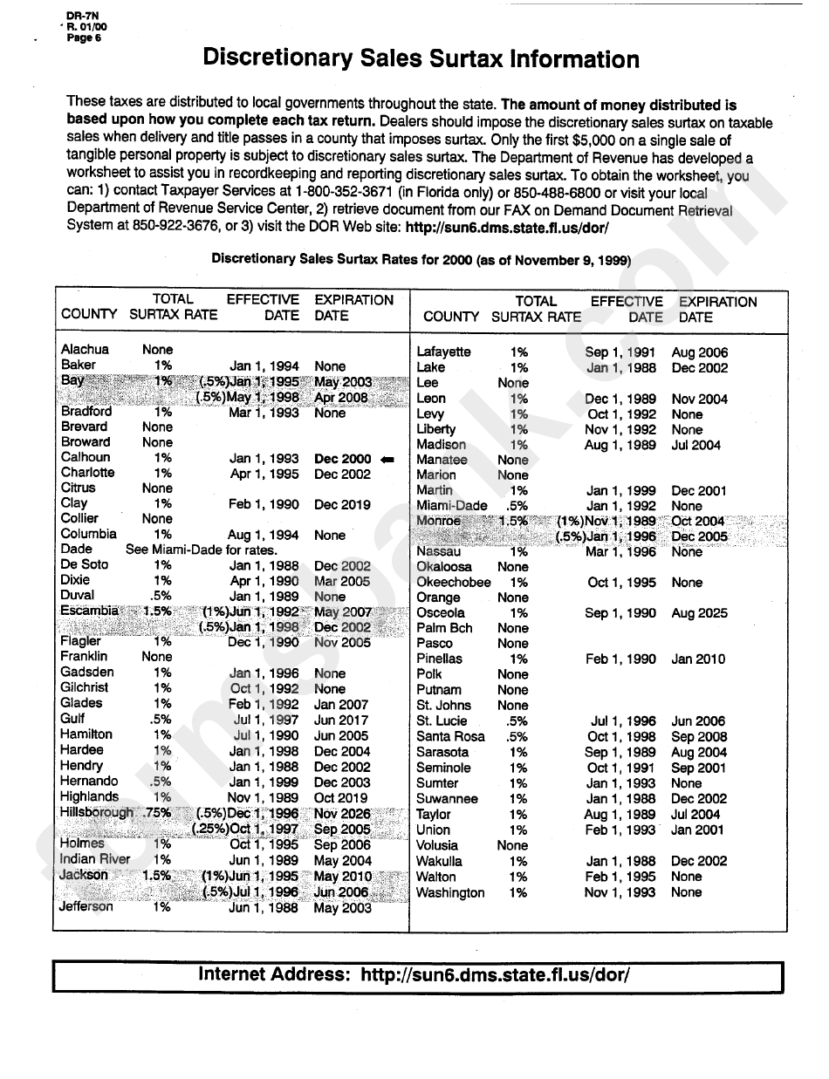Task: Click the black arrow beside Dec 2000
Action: point(387,459)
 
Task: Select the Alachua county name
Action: point(85,350)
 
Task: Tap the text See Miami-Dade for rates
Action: point(201,550)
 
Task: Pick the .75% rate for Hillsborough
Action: point(159,812)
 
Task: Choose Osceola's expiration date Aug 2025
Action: point(699,613)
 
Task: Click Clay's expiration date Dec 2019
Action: point(342,504)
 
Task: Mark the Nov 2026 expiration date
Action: point(342,813)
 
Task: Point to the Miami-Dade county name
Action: point(451,506)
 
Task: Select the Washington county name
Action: point(449,892)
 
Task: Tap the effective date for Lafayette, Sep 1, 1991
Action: point(620,352)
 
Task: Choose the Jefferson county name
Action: point(86,907)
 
